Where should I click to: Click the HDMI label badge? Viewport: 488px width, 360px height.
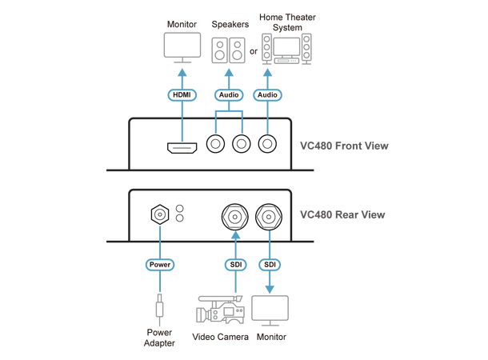pyautogui.click(x=182, y=94)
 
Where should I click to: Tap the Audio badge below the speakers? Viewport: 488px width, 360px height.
pyautogui.click(x=228, y=94)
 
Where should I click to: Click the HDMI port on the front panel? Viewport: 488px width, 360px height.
pyautogui.click(x=182, y=147)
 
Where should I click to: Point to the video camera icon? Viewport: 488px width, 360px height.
pyautogui.click(x=221, y=310)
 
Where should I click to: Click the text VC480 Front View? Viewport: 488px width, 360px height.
pyautogui.click(x=342, y=147)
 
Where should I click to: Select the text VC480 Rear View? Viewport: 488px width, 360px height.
pyautogui.click(x=342, y=214)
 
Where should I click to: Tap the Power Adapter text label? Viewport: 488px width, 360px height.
pyautogui.click(x=158, y=338)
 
